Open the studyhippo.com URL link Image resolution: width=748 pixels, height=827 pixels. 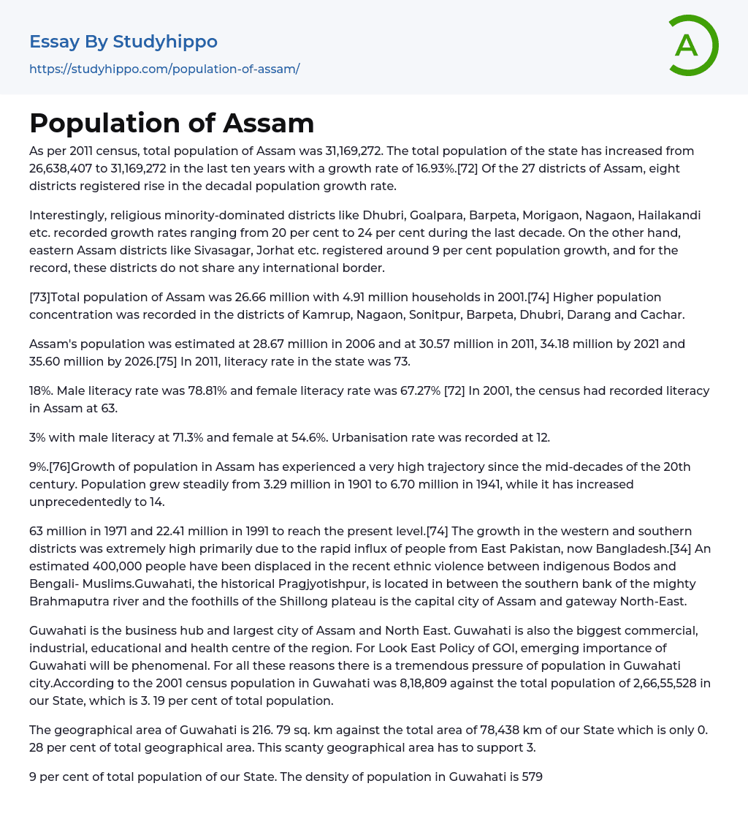164,69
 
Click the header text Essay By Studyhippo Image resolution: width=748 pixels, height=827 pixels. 123,42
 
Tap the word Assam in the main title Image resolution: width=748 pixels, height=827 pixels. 268,123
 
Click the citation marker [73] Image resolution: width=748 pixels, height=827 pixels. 39,297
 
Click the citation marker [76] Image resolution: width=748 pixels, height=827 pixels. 59,467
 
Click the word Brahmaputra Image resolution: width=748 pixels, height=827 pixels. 66,601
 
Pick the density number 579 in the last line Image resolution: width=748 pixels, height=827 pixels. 532,777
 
